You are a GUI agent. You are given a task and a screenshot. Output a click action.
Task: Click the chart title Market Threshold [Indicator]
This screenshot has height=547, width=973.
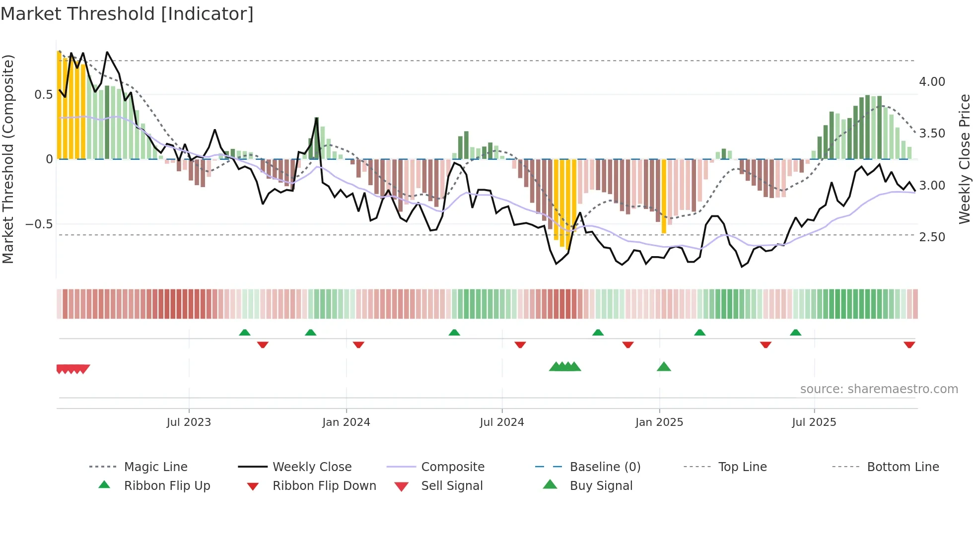127,14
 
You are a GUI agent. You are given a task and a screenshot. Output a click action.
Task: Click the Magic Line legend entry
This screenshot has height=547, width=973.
155,467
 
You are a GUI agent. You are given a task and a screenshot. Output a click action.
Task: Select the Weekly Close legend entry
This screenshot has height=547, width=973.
312,467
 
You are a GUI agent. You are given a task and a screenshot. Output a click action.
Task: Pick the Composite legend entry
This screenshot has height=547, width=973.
452,467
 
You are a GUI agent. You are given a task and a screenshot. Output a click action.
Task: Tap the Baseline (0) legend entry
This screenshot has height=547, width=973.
605,467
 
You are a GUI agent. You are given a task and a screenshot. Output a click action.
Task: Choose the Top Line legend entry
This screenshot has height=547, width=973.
742,467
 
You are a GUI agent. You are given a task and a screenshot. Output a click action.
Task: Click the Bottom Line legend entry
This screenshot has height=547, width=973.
903,467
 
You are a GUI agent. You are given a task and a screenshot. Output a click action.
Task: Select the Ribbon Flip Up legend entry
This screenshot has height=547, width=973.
167,486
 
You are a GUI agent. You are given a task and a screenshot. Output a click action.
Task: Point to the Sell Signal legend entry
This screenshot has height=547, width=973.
451,486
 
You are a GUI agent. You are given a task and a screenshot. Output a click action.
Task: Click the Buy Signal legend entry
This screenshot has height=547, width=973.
601,486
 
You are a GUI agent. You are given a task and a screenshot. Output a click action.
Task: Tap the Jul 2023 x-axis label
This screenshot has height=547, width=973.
189,422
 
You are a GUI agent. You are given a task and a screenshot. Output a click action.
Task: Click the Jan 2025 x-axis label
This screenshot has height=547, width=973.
659,422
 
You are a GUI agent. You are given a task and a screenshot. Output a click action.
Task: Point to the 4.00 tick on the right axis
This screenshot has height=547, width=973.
932,82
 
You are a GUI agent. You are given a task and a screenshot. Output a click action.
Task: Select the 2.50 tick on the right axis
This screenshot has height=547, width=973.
932,237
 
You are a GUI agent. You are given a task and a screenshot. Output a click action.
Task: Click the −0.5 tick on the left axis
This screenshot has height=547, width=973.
39,224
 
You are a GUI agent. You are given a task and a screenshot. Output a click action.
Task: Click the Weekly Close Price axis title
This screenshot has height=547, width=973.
964,159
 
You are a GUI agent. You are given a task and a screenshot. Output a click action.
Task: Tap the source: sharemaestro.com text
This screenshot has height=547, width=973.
879,389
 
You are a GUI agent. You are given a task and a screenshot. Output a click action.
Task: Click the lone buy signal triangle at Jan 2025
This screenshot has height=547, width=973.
664,367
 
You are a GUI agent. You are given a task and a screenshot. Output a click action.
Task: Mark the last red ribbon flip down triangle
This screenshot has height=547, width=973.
909,344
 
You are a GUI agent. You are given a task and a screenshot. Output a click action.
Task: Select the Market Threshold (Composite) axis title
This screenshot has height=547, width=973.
8,159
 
